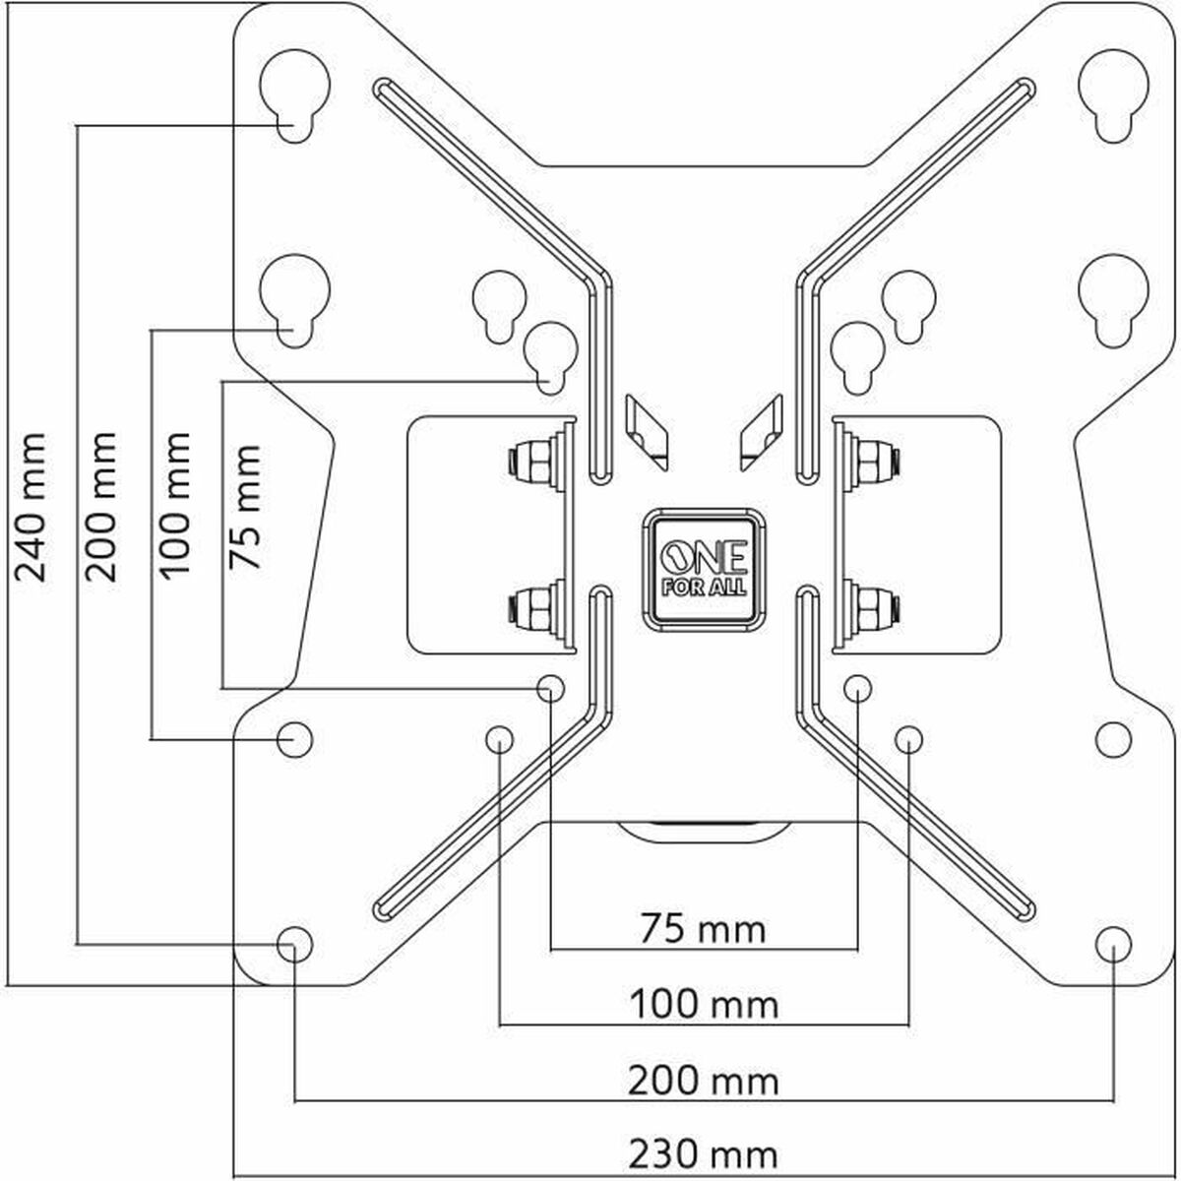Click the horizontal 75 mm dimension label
click(x=703, y=928)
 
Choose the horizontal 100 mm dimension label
click(x=703, y=1005)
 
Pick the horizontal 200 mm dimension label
click(x=703, y=1081)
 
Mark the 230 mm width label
click(x=703, y=1153)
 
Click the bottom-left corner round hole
click(x=294, y=944)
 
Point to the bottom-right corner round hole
click(x=1112, y=944)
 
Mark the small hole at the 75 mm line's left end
click(x=549, y=687)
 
